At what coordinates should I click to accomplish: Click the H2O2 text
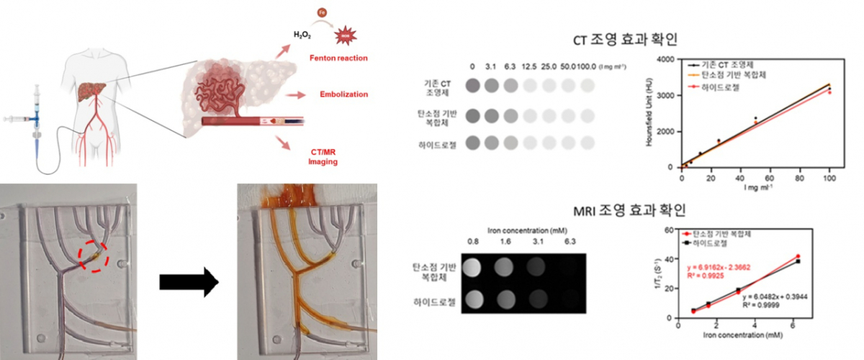(303, 34)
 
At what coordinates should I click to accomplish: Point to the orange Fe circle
(322, 12)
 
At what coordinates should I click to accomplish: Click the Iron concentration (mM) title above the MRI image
(524, 232)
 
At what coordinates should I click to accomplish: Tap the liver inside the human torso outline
(89, 93)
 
